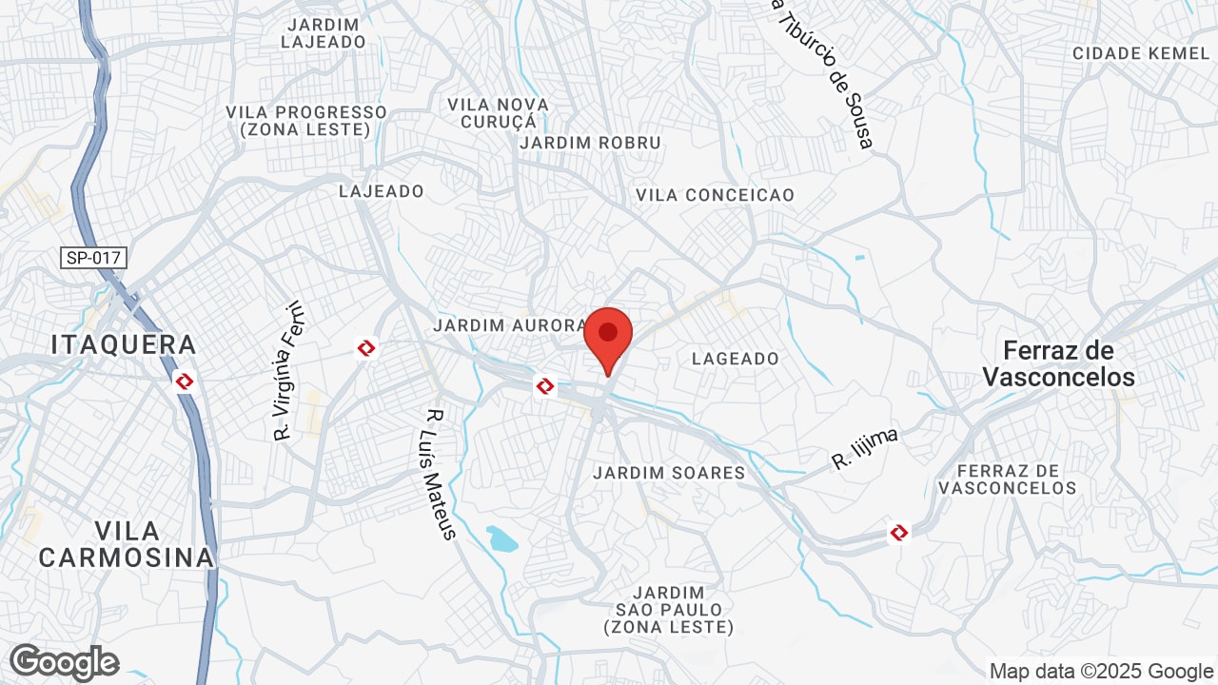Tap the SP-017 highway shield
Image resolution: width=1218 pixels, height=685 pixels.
point(94,258)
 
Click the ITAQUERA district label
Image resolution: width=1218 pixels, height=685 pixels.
point(125,344)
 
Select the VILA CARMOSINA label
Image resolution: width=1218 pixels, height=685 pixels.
point(127,543)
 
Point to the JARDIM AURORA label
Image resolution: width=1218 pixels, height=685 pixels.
point(510,325)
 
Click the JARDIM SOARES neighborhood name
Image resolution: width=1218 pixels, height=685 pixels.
point(669,473)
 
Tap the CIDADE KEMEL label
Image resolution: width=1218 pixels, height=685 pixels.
point(1141,53)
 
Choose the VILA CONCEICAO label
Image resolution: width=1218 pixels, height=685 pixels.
point(715,195)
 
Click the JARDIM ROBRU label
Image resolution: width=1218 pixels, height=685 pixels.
point(590,143)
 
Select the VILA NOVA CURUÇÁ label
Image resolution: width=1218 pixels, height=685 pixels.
point(499,112)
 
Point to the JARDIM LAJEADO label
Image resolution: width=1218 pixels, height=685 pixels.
point(324,33)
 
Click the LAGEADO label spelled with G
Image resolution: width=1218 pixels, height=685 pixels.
point(736,359)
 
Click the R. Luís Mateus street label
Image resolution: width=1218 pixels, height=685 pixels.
point(440,474)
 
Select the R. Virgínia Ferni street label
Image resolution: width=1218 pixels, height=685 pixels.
point(287,371)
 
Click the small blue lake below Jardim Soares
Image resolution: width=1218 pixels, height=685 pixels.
point(501,538)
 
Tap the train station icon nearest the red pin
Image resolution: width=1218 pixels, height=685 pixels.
point(545,385)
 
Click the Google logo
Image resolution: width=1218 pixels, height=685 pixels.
point(64,662)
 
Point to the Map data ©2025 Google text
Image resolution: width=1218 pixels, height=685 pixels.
point(1101,671)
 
